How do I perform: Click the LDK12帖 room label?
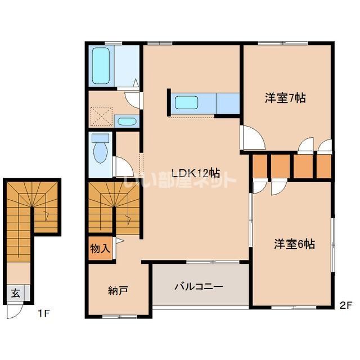click(195, 173)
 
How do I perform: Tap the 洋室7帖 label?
click(285, 98)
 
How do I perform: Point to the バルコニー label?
click(199, 286)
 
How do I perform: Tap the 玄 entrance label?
click(15, 293)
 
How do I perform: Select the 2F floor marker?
click(345, 306)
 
